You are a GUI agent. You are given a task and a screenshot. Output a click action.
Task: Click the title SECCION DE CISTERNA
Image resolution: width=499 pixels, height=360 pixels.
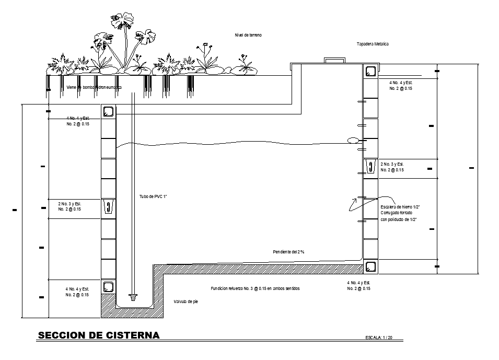pos(99,335)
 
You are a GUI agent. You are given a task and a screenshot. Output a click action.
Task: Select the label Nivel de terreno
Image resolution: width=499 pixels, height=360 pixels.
pos(248,35)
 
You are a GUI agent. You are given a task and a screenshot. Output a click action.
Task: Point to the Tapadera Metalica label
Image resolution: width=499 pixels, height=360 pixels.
pos(373,44)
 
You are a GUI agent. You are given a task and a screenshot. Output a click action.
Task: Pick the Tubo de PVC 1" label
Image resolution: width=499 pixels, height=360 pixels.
pos(153,196)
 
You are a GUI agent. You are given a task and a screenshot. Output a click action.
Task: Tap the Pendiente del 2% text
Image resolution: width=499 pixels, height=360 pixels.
pos(288,252)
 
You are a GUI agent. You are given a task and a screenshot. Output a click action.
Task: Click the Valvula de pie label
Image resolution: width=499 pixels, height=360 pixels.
pos(185,301)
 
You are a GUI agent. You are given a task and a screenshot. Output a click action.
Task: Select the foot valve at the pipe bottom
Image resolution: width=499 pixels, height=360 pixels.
pos(132,297)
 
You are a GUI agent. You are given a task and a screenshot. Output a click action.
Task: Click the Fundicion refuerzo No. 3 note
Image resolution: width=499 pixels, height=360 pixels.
pos(255,288)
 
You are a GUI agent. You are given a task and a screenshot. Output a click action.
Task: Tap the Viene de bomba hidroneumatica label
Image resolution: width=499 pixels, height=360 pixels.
pos(94,87)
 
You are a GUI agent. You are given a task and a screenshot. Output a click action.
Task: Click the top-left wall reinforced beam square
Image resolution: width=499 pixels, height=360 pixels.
pos(108,112)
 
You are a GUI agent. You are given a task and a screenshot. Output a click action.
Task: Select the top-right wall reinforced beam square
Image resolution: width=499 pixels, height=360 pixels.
pos(370,72)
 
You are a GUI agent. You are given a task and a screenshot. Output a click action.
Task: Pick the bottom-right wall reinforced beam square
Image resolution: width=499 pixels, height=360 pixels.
pos(370,266)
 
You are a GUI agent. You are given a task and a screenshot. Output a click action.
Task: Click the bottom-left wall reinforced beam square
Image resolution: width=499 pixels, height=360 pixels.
pos(108,286)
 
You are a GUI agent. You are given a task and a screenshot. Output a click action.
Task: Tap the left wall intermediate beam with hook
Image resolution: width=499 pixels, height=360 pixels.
pos(108,207)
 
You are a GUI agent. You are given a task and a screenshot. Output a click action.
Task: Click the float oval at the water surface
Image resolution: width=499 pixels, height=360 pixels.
pos(354,140)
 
